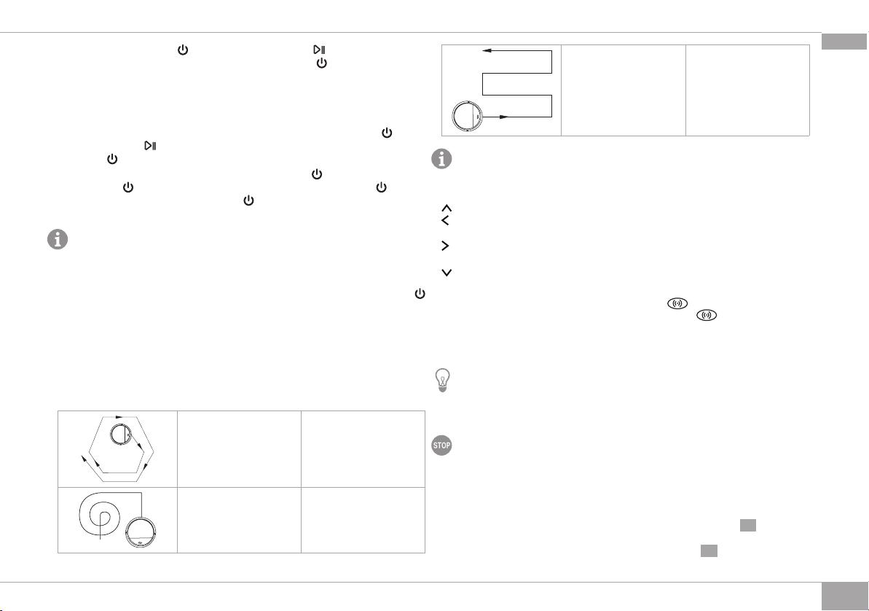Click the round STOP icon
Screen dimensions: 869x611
click(441, 445)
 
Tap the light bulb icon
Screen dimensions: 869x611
click(442, 381)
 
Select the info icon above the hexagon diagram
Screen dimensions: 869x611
click(57, 239)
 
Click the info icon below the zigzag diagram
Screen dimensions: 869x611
click(441, 159)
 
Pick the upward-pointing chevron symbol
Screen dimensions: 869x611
click(447, 208)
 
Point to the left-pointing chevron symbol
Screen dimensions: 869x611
click(444, 221)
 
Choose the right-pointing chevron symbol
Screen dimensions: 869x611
click(445, 245)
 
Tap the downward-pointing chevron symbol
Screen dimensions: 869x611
click(447, 273)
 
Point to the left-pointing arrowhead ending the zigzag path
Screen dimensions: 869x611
click(487, 50)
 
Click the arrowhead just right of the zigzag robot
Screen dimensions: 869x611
click(504, 117)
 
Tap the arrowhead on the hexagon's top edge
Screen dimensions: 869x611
click(119, 416)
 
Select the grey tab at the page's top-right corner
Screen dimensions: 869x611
click(844, 42)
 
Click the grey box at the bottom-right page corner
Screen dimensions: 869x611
click(844, 596)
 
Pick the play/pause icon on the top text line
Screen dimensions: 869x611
click(318, 50)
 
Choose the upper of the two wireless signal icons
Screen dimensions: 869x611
click(677, 303)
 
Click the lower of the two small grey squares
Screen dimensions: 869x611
click(709, 550)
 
